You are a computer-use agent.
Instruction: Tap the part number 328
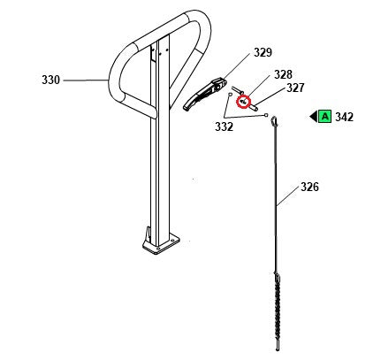coord(282,74)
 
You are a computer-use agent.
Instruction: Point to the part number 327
coord(294,88)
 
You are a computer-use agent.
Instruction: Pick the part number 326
coord(309,187)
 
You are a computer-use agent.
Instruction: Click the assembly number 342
coord(345,116)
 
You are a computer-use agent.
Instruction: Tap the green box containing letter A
coord(324,116)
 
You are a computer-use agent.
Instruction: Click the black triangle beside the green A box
coord(313,116)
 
